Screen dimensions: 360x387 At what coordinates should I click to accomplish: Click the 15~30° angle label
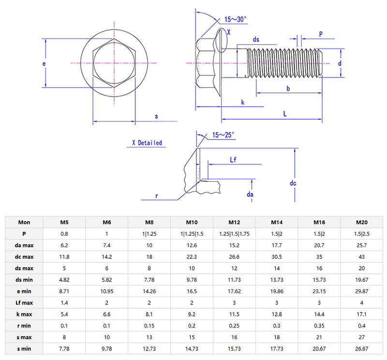235,19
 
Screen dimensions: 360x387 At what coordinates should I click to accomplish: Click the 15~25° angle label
223,135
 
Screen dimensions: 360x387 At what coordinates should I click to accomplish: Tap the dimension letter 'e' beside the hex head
44,64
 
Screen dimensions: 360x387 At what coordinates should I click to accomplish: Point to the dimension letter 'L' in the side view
285,113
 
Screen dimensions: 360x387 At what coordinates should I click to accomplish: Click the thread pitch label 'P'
321,33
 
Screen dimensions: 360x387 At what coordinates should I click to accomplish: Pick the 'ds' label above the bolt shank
256,39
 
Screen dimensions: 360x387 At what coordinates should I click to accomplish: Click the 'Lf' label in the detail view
233,160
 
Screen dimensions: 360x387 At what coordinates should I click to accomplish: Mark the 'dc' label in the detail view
293,183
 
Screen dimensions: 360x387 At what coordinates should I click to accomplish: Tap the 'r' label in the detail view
157,196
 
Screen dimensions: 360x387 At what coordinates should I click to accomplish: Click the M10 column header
192,222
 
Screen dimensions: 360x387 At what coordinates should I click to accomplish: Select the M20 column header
361,222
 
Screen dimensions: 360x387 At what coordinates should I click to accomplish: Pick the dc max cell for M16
319,256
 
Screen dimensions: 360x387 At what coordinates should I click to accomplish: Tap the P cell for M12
234,233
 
